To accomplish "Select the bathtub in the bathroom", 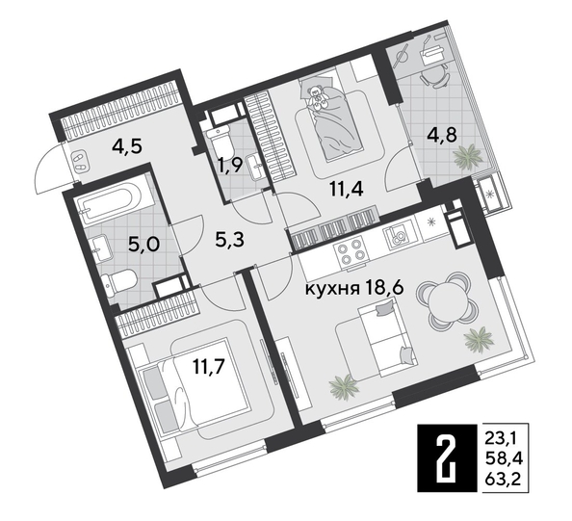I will pos(110,202).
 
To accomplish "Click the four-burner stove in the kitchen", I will pos(347,254).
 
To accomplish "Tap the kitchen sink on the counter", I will pos(397,235).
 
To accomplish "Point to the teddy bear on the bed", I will pos(318,93).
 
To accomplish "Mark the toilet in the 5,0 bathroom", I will pos(122,282).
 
